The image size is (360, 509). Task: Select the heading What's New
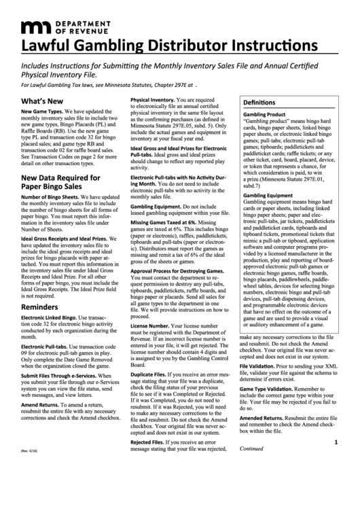pos(42,100)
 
